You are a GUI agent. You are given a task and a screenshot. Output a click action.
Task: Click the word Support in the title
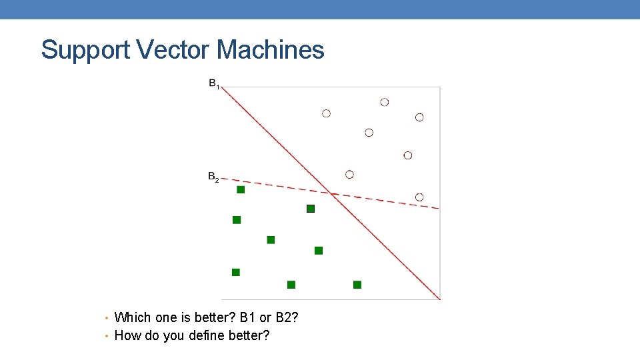click(86, 51)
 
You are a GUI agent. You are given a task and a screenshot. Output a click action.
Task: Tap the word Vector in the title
click(175, 50)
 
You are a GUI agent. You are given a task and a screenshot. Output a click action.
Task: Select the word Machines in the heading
click(271, 50)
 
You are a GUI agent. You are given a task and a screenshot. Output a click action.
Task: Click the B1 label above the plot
click(214, 84)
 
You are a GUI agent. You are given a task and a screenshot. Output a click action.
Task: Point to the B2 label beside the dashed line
click(213, 178)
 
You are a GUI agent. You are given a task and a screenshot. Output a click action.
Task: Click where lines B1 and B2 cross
click(331, 193)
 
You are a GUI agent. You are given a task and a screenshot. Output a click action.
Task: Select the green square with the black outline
click(310, 209)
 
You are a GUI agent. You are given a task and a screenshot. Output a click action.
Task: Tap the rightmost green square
click(357, 285)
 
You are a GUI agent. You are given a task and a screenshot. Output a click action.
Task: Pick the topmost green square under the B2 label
click(241, 190)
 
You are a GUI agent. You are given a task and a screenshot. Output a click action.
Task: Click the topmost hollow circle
click(385, 102)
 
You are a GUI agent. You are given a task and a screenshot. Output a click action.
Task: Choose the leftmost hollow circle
click(326, 113)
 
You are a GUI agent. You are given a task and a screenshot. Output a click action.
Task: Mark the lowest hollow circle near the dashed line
click(419, 197)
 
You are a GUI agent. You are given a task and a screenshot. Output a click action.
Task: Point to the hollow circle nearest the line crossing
click(349, 175)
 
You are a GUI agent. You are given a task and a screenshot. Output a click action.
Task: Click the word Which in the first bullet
click(133, 317)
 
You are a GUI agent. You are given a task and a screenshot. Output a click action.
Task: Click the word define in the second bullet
click(204, 335)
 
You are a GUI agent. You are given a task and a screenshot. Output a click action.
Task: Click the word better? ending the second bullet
click(249, 335)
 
